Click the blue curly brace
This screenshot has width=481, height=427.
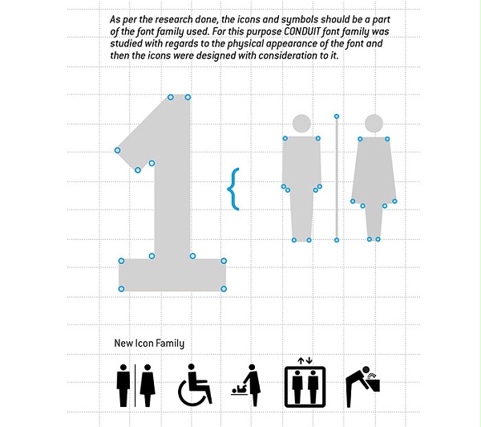click(233, 189)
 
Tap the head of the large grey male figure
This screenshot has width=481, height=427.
click(301, 124)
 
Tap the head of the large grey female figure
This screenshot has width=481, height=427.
click(374, 124)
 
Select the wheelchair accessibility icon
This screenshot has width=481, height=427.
click(195, 385)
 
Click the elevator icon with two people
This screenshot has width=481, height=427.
click(305, 386)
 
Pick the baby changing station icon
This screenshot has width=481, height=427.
click(246, 385)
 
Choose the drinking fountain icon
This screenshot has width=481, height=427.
click(362, 386)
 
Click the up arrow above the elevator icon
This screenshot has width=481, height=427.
click(301, 360)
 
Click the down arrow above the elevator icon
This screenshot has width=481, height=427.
click(309, 360)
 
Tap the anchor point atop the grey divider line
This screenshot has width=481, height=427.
click(337, 116)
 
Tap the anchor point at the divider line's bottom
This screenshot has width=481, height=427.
click(337, 240)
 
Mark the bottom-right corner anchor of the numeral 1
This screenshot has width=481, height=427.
click(224, 289)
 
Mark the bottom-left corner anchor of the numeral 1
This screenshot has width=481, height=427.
click(121, 289)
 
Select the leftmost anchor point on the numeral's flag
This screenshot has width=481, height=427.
click(117, 150)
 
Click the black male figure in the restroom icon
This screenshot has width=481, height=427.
click(123, 385)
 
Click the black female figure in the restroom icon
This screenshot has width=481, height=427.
click(148, 385)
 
